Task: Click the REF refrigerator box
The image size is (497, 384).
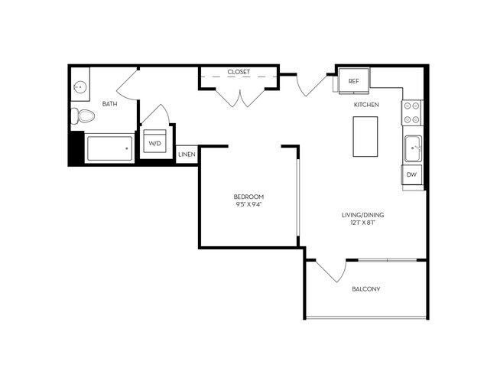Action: [x=353, y=81]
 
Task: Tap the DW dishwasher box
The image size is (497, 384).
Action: [x=411, y=175]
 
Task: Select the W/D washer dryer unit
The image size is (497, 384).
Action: [x=154, y=142]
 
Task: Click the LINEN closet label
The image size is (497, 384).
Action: [x=187, y=155]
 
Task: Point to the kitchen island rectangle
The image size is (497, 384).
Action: [x=366, y=137]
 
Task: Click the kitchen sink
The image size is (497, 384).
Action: [x=412, y=148]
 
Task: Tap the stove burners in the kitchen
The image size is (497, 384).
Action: [x=411, y=112]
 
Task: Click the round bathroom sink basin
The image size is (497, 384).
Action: [x=80, y=87]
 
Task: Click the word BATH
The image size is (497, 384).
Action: [x=109, y=104]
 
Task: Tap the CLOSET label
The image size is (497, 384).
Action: [x=239, y=72]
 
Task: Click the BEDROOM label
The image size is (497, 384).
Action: [x=248, y=197]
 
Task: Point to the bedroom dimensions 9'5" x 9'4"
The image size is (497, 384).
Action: [x=248, y=205]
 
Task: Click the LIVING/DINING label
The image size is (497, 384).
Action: [x=362, y=215]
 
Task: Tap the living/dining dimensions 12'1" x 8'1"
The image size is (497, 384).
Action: [x=362, y=224]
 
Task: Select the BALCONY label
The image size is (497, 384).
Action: [x=366, y=289]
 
